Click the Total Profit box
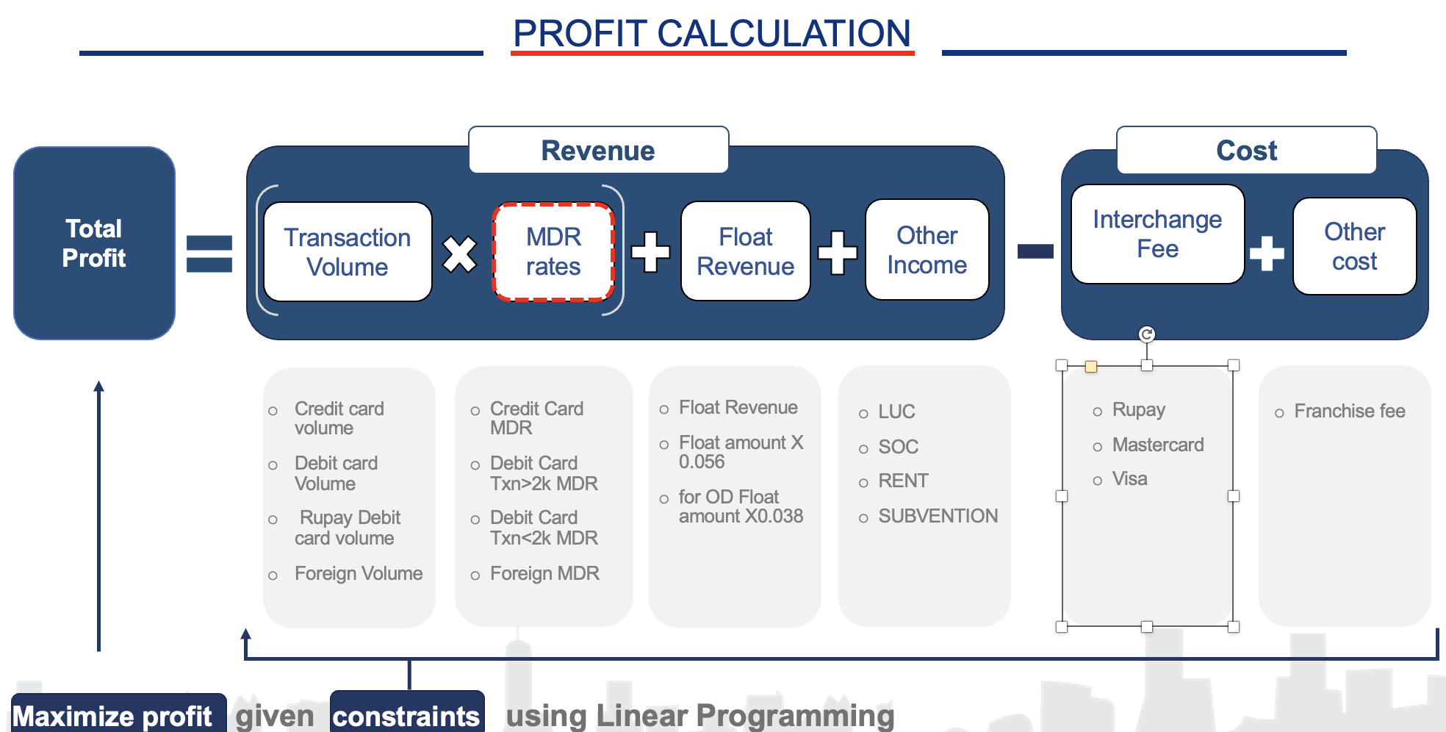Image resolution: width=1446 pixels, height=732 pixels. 94,243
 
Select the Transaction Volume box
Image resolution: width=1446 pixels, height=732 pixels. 348,252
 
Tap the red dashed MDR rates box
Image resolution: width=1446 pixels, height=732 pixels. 553,252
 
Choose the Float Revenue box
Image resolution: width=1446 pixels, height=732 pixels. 745,251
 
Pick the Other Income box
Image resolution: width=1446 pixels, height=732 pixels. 927,250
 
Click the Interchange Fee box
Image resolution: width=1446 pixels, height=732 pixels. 1157,234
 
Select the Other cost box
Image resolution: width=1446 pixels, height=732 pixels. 1354,246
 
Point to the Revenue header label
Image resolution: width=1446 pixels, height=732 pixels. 598,151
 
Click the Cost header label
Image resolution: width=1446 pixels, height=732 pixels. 1246,151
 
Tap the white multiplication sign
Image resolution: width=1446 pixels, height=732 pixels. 460,254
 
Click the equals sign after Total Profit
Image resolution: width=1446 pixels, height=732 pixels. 209,254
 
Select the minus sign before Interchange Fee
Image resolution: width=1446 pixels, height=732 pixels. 1035,251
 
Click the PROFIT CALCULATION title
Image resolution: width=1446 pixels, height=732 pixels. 711,34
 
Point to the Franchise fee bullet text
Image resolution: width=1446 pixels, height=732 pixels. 1349,411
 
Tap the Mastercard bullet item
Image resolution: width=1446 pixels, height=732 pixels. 1157,445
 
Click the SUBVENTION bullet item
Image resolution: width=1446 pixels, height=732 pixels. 938,516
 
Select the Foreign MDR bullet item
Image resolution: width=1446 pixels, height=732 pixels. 544,573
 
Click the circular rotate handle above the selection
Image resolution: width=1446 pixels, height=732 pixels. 1147,334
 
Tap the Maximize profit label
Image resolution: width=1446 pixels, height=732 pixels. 112,716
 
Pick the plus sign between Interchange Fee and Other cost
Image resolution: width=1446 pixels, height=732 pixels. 1267,253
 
